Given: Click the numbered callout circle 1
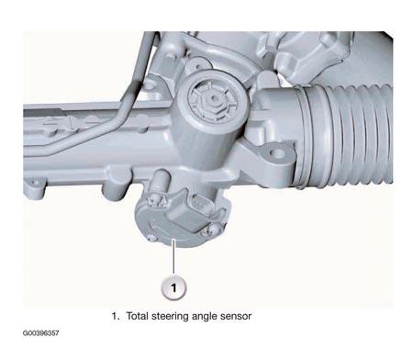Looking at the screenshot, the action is pyautogui.click(x=173, y=287).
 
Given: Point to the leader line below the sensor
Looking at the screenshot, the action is pyautogui.click(x=173, y=256).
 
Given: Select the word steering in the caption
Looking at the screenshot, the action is pyautogui.click(x=170, y=317).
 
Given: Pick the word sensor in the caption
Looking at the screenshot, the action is pyautogui.click(x=236, y=317).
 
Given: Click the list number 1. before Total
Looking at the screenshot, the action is pyautogui.click(x=115, y=316).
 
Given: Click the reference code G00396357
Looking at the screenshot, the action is pyautogui.click(x=40, y=333).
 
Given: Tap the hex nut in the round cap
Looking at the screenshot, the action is pyautogui.click(x=214, y=100).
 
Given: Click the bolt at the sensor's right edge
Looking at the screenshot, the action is pyautogui.click(x=214, y=230).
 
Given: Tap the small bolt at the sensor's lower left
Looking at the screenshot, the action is pyautogui.click(x=151, y=238).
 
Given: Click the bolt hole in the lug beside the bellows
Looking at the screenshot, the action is pyautogui.click(x=278, y=152).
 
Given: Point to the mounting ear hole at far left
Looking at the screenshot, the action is pyautogui.click(x=35, y=184).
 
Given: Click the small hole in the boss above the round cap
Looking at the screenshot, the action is pyautogui.click(x=199, y=66).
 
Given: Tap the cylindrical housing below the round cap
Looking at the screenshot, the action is pyautogui.click(x=204, y=144).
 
